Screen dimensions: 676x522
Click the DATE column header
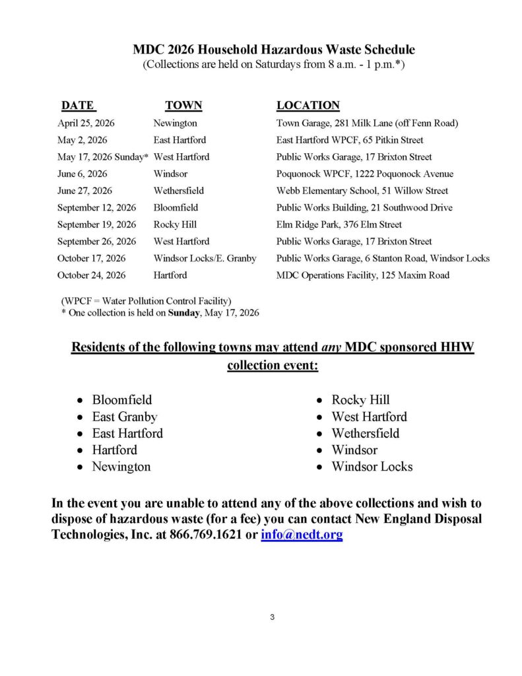click(77, 106)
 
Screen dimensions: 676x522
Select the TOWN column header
click(183, 106)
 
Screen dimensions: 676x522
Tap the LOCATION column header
click(308, 106)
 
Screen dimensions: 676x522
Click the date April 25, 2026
click(86, 123)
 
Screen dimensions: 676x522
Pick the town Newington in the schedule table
click(175, 123)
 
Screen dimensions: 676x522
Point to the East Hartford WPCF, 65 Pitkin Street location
click(350, 140)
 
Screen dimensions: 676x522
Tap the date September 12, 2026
click(96, 208)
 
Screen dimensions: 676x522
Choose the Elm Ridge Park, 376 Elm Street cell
click(339, 224)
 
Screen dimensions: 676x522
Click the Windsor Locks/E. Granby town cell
click(205, 258)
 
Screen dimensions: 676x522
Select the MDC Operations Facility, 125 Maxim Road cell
click(362, 275)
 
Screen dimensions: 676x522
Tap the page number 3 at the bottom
click(272, 617)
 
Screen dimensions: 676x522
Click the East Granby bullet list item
click(124, 417)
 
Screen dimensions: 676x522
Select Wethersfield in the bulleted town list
click(365, 434)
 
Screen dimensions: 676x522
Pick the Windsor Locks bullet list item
click(372, 467)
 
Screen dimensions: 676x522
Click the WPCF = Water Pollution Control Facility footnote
click(146, 302)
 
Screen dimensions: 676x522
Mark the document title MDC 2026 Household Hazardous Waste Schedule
click(274, 50)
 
